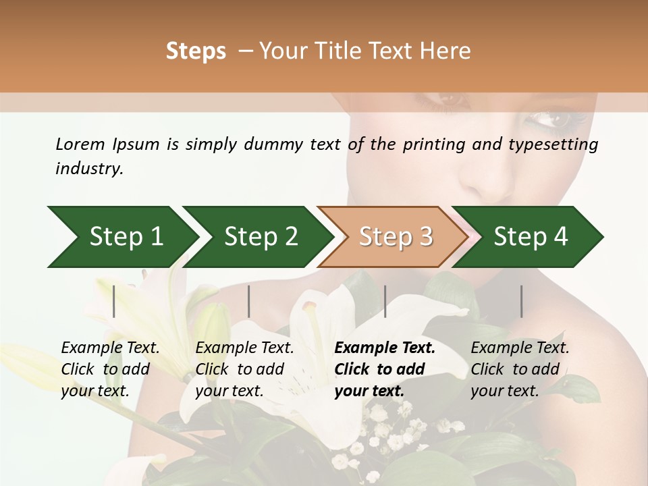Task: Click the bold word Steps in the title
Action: [196, 51]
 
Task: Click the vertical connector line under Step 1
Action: [114, 301]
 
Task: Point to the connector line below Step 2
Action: [249, 301]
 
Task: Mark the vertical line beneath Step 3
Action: [385, 301]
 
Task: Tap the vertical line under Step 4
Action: [521, 301]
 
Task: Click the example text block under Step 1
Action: [110, 369]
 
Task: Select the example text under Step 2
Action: [244, 369]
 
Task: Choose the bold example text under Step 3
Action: [385, 369]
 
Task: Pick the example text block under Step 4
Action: [520, 369]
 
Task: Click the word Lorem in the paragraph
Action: [80, 144]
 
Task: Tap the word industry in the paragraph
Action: [88, 169]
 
